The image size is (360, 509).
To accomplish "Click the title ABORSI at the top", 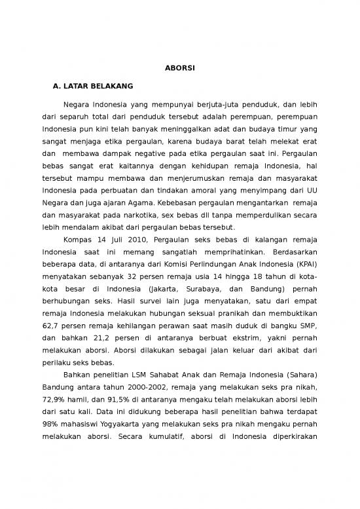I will [x=179, y=67].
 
